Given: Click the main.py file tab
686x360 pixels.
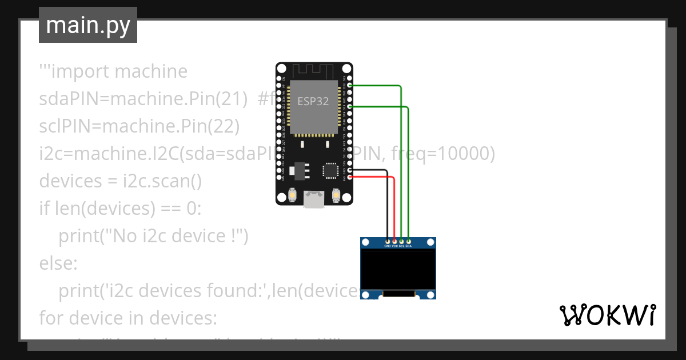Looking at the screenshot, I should pos(88,25).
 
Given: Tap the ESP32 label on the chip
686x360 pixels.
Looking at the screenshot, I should pos(313,102).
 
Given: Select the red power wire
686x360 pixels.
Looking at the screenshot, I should pos(394,206).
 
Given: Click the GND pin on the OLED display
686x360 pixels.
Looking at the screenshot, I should pos(388,242).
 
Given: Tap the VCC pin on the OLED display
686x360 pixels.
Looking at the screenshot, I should pos(395,242).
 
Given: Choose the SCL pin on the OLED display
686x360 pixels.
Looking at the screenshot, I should pos(402,242).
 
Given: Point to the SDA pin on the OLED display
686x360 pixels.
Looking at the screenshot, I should pos(409,242).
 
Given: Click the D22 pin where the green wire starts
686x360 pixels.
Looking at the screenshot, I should pos(350,85).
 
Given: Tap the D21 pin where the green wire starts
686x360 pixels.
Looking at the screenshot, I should pos(350,106).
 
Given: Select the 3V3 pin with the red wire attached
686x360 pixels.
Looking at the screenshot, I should pos(350,177).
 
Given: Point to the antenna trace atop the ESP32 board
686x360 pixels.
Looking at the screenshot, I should pos(313,71).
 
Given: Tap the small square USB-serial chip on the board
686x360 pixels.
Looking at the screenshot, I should pos(330,170).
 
